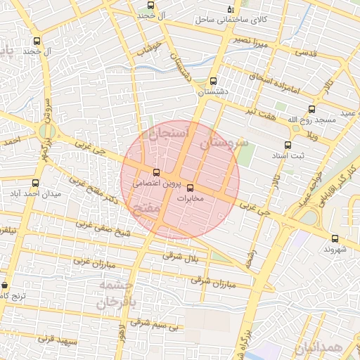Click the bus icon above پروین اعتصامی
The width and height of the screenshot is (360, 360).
click(156, 172)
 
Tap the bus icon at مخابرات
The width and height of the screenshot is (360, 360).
click(190, 187)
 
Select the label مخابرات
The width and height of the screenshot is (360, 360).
click(189, 198)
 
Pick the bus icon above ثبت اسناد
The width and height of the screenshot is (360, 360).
click(288, 145)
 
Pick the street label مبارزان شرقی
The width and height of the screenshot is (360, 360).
click(211, 281)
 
